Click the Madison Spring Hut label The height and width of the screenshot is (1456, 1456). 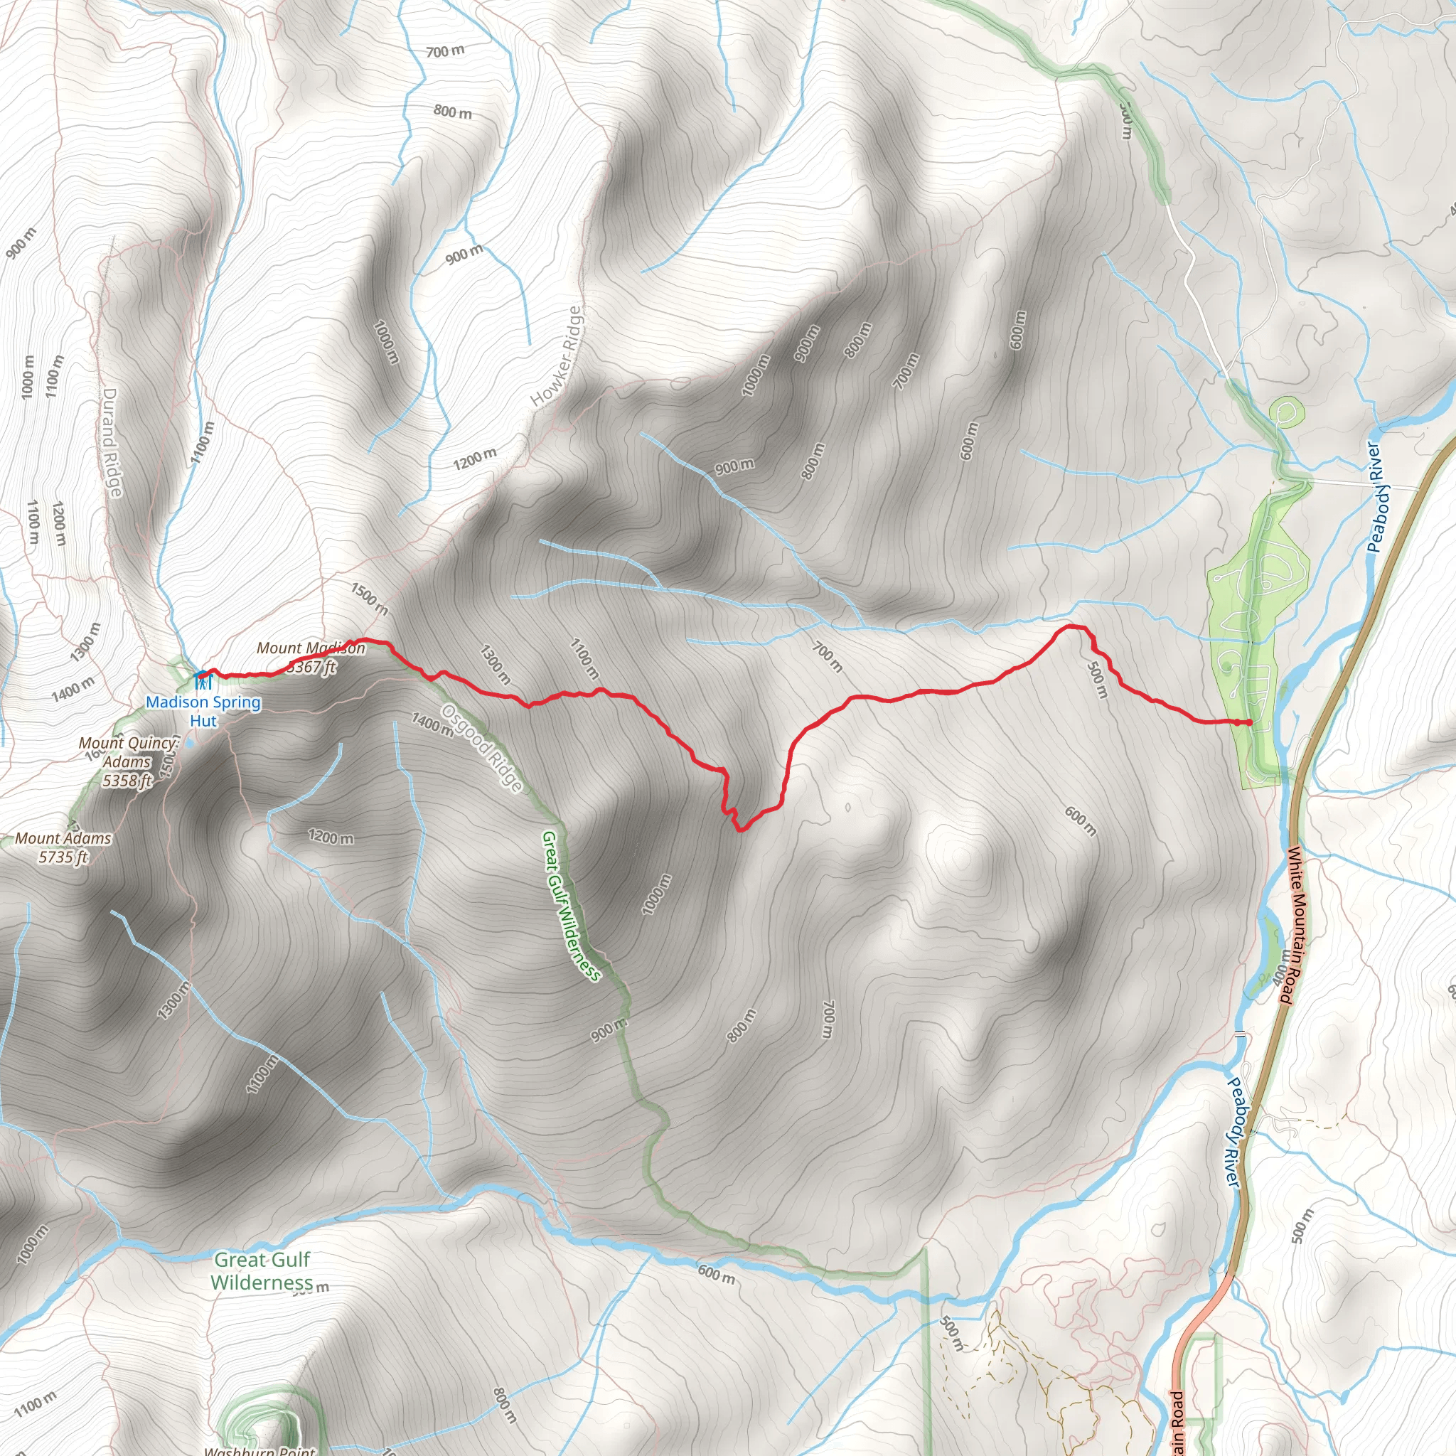pyautogui.click(x=203, y=711)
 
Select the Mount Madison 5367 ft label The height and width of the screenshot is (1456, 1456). pyautogui.click(x=311, y=657)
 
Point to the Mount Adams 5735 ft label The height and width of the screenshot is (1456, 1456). pyautogui.click(x=63, y=847)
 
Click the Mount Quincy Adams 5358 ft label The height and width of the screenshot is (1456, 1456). pyautogui.click(x=127, y=762)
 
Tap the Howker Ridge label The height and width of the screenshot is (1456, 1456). pyautogui.click(x=557, y=356)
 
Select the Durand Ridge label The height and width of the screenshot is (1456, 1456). pyautogui.click(x=112, y=442)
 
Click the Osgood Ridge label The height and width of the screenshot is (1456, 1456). pyautogui.click(x=481, y=748)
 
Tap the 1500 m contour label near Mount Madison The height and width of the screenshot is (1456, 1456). pyautogui.click(x=368, y=598)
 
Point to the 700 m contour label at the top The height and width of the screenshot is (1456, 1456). pyautogui.click(x=444, y=51)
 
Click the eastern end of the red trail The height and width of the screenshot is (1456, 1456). pyautogui.click(x=1248, y=723)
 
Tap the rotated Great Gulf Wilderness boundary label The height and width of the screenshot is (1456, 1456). pyautogui.click(x=572, y=905)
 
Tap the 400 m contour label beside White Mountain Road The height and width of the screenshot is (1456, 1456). pyautogui.click(x=1280, y=967)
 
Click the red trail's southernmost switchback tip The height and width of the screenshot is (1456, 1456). pyautogui.click(x=740, y=830)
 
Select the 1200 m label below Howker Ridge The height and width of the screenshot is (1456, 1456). pyautogui.click(x=475, y=457)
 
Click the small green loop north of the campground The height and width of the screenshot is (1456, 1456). pyautogui.click(x=1286, y=412)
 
